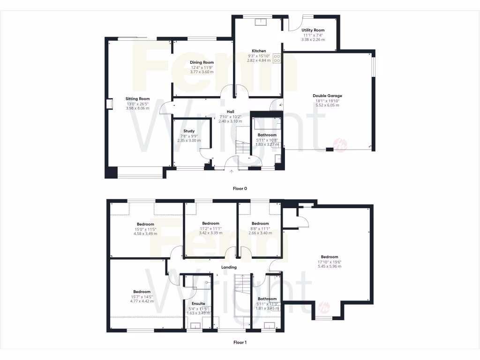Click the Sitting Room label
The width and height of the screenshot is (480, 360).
pos(137,99)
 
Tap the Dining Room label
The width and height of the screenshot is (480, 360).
pos(202,62)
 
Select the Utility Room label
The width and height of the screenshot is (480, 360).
pos(313,30)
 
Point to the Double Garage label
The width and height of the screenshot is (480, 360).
pos(327,96)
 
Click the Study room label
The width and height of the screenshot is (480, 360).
pos(189,131)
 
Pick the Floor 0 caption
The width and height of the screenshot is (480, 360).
pos(240,188)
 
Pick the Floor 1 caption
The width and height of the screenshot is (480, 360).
pos(240,343)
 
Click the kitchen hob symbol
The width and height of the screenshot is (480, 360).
pos(277,59)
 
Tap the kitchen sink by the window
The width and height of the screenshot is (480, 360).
pos(259,22)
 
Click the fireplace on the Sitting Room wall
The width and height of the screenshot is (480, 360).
pos(109,104)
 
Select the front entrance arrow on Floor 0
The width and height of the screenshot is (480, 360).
pos(231,172)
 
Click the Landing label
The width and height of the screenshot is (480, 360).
pos(229,268)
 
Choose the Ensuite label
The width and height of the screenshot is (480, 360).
pos(196,304)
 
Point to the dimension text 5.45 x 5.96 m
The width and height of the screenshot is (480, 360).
pos(330,266)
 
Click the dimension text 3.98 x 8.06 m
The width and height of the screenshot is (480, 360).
pos(137,108)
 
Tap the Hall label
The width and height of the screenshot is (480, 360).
pos(230,112)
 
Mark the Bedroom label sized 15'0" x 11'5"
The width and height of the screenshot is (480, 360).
pos(145,224)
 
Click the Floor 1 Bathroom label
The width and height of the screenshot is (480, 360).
pos(267,299)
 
